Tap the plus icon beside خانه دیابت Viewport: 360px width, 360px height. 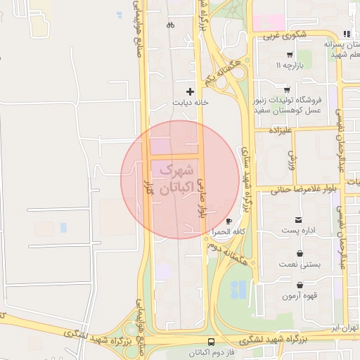[x=190, y=91]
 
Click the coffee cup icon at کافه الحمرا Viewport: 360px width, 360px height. [x=229, y=221]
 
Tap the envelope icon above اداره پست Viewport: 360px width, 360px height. [x=300, y=220]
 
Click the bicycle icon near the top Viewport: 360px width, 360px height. [x=170, y=25]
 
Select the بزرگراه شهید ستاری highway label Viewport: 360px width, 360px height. [x=247, y=169]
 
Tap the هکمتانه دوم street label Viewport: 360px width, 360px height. [x=229, y=253]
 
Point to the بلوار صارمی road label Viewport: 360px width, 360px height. [x=200, y=197]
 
